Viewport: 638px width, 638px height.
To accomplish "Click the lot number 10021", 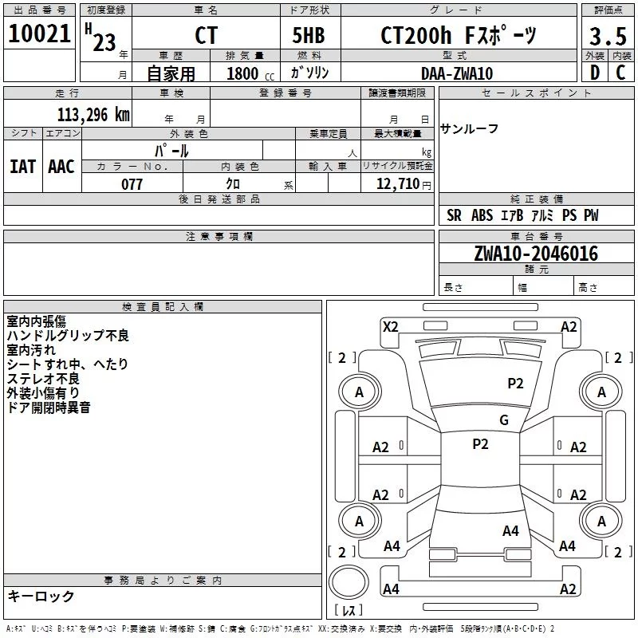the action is [39, 33].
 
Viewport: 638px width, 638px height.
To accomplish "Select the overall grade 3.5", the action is [608, 36].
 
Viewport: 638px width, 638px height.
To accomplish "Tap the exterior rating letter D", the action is [595, 73].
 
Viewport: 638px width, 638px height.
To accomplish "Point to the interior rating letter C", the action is [620, 73].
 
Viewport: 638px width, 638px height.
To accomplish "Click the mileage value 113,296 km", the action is [93, 115].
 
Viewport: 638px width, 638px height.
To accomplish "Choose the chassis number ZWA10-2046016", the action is [536, 254].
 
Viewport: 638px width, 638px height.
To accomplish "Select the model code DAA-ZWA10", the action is [457, 73].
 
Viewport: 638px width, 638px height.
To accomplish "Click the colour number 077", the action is [132, 184].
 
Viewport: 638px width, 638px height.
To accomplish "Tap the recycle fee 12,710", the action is [398, 184].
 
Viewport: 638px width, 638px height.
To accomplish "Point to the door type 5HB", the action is [309, 35].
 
